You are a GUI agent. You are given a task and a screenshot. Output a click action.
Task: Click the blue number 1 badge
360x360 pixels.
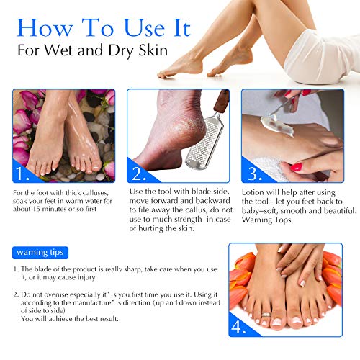[22, 173]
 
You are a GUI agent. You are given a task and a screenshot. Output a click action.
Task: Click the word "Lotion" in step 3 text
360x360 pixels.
[254, 192]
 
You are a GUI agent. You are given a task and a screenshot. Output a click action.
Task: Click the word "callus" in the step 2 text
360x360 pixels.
[192, 211]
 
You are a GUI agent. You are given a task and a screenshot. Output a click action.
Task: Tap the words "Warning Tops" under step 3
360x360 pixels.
[265, 220]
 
